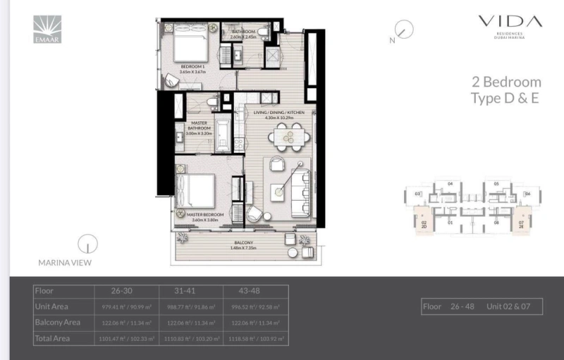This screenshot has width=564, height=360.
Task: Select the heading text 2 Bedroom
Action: click(x=506, y=82)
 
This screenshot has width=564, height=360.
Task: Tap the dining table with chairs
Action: click(x=286, y=138)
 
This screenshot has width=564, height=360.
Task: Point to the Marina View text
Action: click(x=65, y=263)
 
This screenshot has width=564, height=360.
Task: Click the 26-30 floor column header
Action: click(x=122, y=290)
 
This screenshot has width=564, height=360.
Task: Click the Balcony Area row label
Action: click(x=58, y=323)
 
